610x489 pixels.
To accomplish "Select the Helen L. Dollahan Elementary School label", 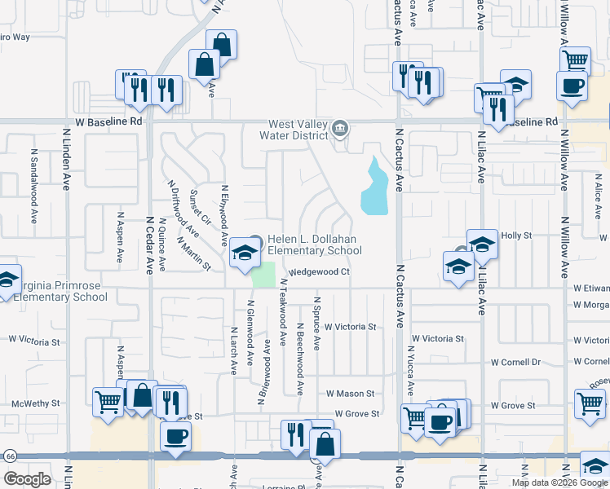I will (x=309, y=244).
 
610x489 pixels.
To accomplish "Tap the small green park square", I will (x=263, y=275).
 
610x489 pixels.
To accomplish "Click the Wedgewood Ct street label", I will (x=319, y=271).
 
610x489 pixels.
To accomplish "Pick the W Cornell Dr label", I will (x=515, y=363).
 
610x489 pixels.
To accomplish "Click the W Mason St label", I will (x=349, y=394).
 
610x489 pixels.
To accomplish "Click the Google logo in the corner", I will (x=27, y=479).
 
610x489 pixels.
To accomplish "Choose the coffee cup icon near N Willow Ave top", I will (x=572, y=86).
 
